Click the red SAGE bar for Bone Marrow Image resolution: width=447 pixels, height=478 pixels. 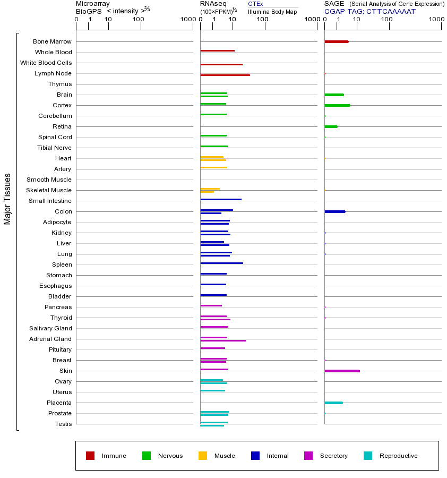336,41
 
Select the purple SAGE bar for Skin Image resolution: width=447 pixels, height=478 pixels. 342,371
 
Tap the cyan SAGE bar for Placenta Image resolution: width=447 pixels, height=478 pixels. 333,403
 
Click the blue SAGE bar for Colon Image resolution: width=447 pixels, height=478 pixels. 334,211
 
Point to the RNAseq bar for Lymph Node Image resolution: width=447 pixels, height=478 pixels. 225,75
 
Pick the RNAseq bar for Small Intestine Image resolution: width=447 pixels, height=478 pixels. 221,199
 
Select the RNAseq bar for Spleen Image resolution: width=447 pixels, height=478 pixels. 221,263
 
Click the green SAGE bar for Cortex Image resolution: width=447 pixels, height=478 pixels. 337,105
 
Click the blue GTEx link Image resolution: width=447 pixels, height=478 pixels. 255,4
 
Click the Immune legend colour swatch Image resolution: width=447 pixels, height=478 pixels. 90,456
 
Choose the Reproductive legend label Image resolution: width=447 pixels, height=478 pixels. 398,456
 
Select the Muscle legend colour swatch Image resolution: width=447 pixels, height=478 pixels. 203,456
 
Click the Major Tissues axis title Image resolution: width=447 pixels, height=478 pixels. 7,199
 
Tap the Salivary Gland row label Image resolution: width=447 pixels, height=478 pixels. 52,328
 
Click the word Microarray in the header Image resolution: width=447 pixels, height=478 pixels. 93,4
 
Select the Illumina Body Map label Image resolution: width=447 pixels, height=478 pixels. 272,12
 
